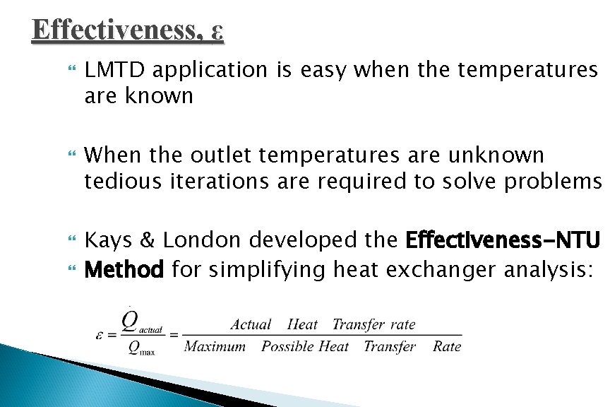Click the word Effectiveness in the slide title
[117, 30]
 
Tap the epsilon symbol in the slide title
[217, 32]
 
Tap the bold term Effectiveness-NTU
[503, 240]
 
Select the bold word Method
[124, 269]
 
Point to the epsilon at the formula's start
[101, 334]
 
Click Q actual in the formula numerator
[138, 323]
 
